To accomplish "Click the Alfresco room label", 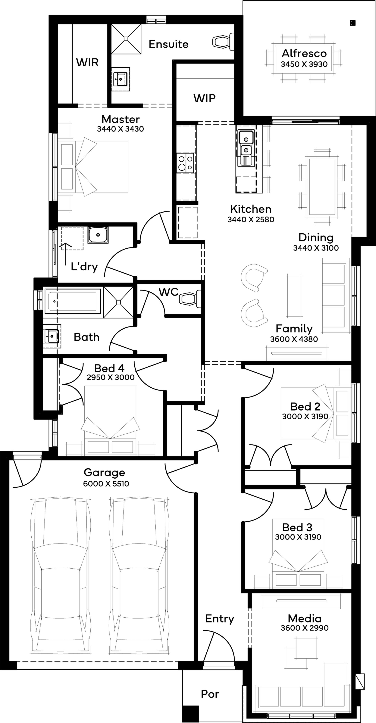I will pos(304,53).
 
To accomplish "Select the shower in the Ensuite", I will pos(126,39).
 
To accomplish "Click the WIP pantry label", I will pos(204,98).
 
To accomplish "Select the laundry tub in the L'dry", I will pos(98,235).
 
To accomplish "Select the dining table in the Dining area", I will pos(322,187).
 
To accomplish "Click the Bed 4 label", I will pos(109,368).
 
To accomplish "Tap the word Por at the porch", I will pos(210,694).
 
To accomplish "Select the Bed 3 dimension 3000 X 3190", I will pos(298,537).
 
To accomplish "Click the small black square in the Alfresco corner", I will pos(352,23).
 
